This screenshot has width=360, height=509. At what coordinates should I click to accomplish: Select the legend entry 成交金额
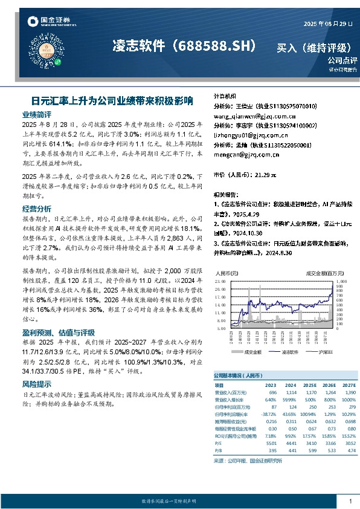click(252, 351)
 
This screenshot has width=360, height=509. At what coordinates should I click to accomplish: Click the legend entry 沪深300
click(315, 351)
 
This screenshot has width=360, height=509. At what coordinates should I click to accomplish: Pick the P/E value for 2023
click(270, 444)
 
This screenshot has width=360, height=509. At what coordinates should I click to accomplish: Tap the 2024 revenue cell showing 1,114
click(291, 392)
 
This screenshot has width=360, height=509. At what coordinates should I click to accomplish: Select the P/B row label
click(218, 451)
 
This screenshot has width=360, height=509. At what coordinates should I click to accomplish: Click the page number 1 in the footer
click(350, 501)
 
